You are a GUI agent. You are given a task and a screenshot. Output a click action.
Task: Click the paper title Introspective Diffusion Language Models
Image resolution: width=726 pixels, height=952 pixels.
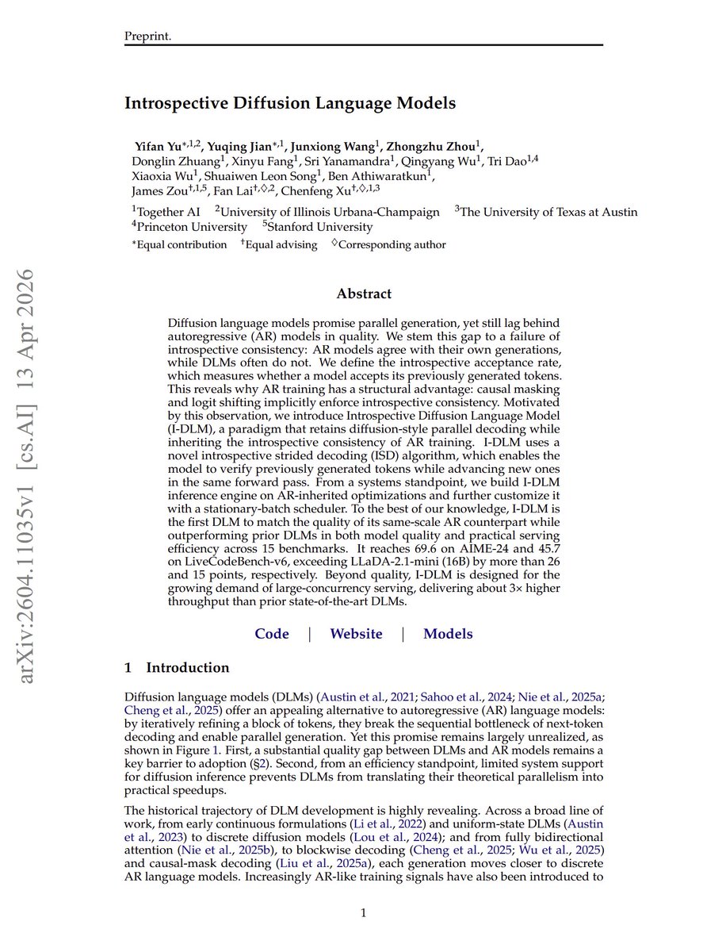tap(290, 103)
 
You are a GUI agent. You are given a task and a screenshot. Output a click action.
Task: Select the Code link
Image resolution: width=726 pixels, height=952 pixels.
tap(272, 634)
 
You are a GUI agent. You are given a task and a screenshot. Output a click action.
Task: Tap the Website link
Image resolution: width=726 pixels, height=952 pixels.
tap(356, 634)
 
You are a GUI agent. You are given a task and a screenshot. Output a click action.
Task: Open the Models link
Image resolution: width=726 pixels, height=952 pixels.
tap(448, 634)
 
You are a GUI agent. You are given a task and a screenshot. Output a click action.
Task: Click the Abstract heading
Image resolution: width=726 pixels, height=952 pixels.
tap(364, 294)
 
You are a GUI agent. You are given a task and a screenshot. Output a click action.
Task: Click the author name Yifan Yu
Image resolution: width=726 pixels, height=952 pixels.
tap(159, 146)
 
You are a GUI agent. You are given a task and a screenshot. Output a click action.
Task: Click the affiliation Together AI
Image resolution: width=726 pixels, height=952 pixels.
tap(168, 212)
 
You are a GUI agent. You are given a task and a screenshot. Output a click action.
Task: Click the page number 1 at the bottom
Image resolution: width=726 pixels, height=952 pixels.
tap(363, 913)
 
